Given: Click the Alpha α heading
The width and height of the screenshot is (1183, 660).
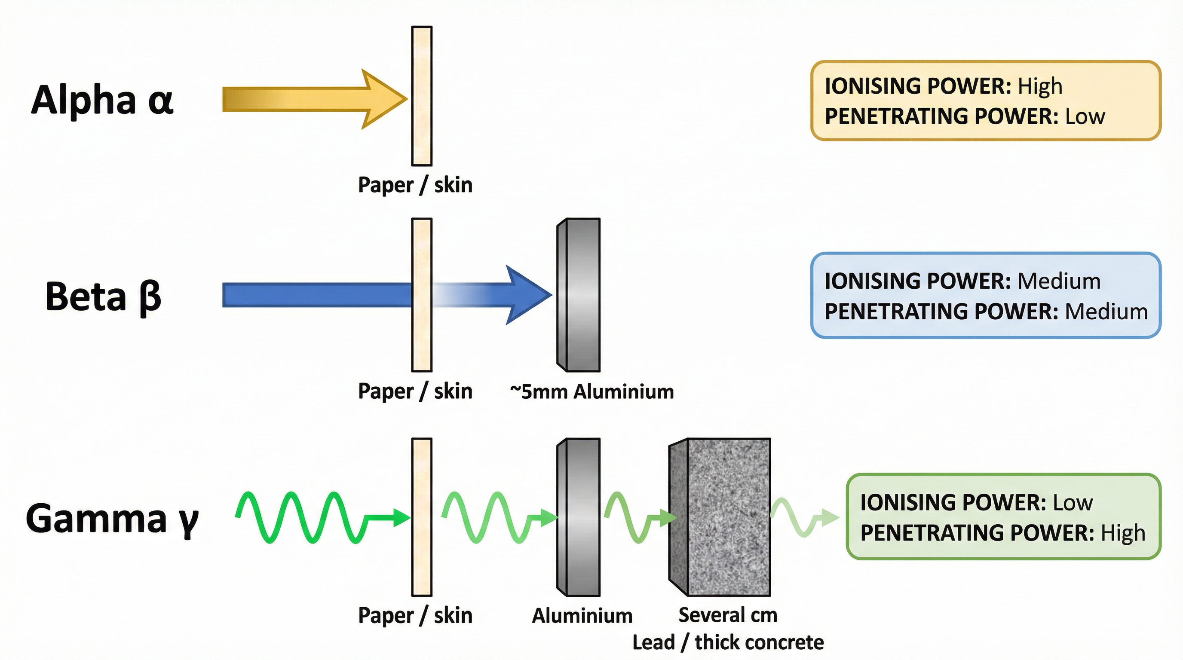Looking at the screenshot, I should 102,101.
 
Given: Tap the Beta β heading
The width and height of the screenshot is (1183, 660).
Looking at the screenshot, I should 103,296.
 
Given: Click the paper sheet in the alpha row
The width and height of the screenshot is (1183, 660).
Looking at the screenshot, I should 421,96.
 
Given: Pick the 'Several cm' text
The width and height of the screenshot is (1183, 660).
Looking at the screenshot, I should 727,615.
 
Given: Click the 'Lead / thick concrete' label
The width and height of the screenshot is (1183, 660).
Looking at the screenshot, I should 727,642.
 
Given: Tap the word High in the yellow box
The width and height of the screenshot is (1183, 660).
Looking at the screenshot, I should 1040,86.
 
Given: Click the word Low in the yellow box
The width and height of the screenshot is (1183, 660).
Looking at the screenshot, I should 1085,116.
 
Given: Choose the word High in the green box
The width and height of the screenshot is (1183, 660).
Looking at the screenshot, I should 1122,533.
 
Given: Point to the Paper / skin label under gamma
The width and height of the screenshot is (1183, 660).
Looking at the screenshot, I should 415,615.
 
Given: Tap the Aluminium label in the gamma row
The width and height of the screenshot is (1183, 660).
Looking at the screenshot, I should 582,615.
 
